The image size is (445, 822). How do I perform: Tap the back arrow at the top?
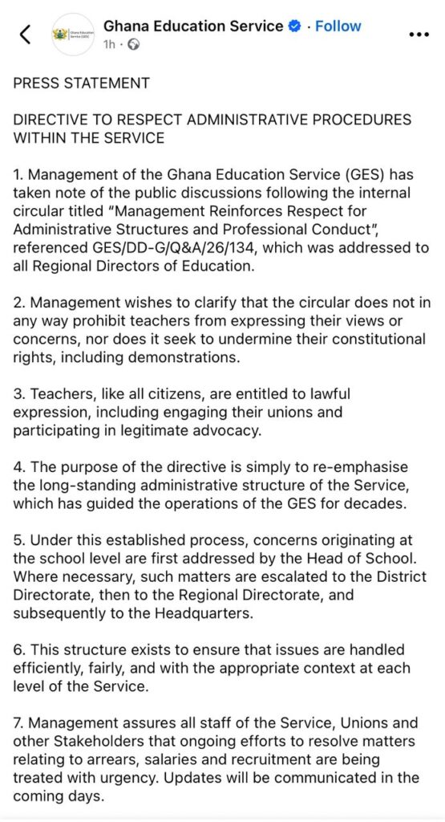26,34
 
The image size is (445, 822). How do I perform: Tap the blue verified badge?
294,26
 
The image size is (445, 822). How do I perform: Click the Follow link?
338,26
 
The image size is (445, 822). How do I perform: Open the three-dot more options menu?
419,35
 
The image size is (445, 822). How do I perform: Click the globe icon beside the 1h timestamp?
133,45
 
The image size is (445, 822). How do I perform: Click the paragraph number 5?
18,541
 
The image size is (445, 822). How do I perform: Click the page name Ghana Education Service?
193,26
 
